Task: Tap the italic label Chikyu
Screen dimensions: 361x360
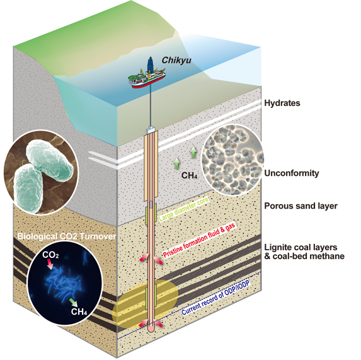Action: (x=176, y=61)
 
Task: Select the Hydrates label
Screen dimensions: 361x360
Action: (x=282, y=103)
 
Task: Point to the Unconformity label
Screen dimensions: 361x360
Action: (x=292, y=173)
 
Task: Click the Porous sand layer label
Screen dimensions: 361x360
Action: (x=301, y=206)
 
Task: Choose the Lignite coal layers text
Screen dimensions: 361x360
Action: (x=301, y=247)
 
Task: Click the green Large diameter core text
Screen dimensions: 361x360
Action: (x=184, y=209)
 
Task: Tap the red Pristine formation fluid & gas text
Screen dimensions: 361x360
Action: (x=199, y=240)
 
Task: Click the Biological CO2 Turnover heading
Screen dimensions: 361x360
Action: (x=67, y=236)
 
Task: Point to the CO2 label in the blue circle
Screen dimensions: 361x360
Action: (x=50, y=255)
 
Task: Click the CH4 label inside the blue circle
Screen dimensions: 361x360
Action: (x=79, y=311)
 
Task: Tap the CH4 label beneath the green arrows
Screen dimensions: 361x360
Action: (x=189, y=175)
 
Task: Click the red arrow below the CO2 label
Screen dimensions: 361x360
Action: (x=50, y=264)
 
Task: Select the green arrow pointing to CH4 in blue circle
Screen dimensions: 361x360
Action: (x=73, y=303)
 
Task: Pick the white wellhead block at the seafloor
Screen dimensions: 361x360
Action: (x=151, y=131)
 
